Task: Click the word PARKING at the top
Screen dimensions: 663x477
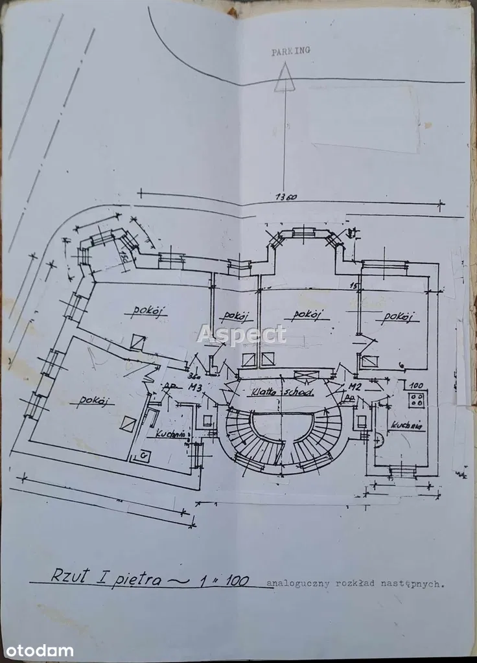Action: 290,51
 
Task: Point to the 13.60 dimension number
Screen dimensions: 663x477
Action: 285,198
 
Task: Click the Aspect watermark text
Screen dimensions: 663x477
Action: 241,334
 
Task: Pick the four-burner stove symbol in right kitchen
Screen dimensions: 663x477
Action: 416,399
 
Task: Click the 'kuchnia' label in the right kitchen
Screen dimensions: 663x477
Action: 407,426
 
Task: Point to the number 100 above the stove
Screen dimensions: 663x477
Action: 417,385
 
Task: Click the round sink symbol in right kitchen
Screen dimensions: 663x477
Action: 378,439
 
